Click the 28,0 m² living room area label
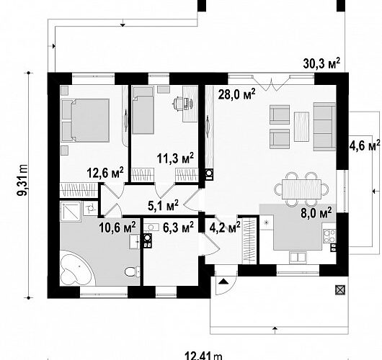coord(237,94)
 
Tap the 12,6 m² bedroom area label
coord(105,173)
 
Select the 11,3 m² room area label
coord(175,158)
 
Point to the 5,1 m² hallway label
coord(163,205)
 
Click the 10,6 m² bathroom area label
coord(117,228)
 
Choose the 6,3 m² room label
coord(178,227)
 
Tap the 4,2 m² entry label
coord(225,227)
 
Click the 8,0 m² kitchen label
coord(316,212)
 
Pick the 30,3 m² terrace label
coord(321,64)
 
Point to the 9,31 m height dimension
coord(22,180)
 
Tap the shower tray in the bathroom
coord(71,211)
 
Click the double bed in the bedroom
coord(85,120)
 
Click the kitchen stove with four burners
coord(329,236)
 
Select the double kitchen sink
coord(298,258)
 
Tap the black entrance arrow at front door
coord(223,282)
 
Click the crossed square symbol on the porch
coord(340,290)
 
